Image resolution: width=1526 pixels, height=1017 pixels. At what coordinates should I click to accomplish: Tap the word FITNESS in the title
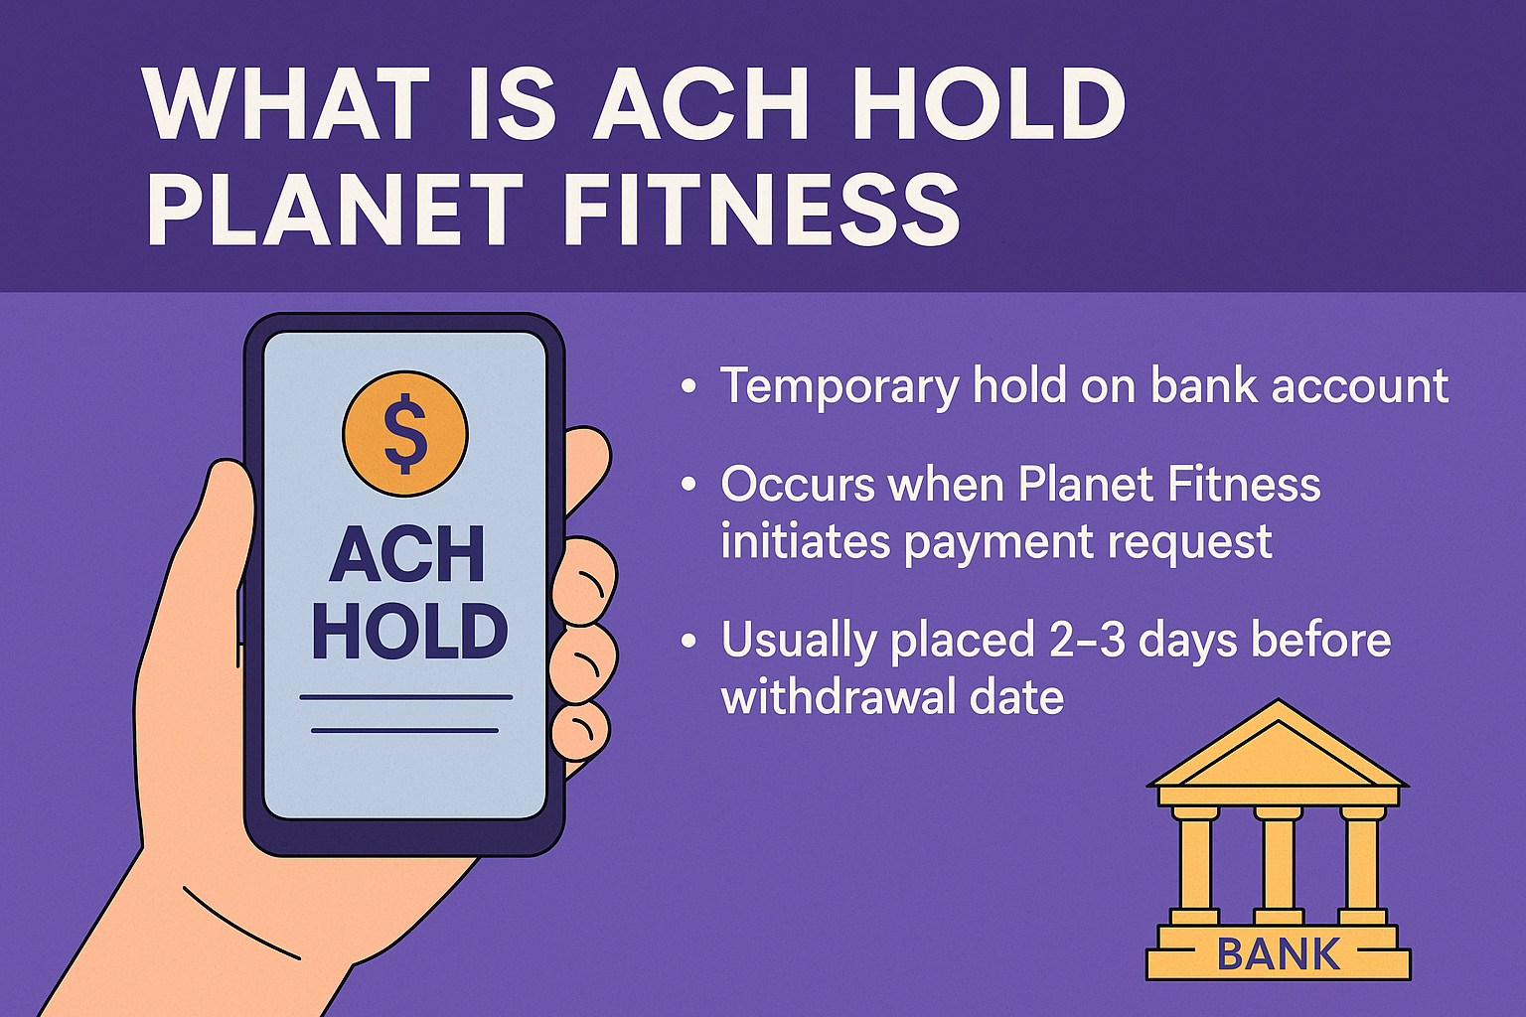(x=762, y=209)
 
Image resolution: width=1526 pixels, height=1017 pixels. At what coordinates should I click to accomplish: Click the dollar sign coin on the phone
(x=405, y=434)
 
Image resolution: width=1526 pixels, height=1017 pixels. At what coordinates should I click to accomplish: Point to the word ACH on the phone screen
(x=406, y=554)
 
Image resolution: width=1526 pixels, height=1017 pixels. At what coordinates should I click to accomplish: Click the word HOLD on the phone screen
(x=409, y=631)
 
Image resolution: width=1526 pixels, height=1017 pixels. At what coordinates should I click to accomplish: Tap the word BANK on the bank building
(x=1278, y=953)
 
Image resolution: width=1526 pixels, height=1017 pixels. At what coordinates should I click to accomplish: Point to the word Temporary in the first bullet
(x=839, y=386)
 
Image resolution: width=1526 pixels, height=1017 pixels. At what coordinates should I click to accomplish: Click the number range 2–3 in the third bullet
(x=1087, y=641)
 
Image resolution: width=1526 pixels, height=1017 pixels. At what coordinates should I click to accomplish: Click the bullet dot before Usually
(x=688, y=641)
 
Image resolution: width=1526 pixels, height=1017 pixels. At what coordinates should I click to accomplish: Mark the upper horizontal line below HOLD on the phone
(x=406, y=697)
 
